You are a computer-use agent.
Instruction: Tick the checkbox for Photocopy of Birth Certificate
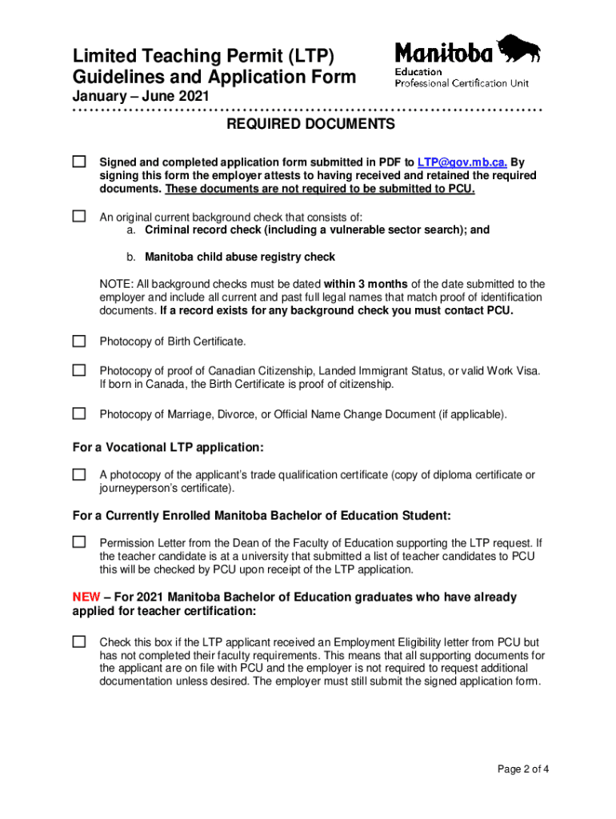pyautogui.click(x=79, y=342)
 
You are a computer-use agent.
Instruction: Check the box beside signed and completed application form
pyautogui.click(x=79, y=162)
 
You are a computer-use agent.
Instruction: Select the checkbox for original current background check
pyautogui.click(x=79, y=216)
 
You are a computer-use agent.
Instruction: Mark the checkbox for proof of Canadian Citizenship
pyautogui.click(x=79, y=370)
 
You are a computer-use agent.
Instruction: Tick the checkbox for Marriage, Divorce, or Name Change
pyautogui.click(x=79, y=413)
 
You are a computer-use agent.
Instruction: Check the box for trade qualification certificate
pyautogui.click(x=79, y=474)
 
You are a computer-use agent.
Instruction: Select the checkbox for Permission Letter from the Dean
pyautogui.click(x=79, y=541)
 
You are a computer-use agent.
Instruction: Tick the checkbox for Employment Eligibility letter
pyautogui.click(x=79, y=641)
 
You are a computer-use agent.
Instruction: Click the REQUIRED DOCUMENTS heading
pyautogui.click(x=310, y=125)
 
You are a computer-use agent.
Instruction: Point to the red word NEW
pyautogui.click(x=86, y=597)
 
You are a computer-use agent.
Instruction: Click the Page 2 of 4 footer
pyautogui.click(x=522, y=770)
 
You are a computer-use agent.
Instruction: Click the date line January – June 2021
pyautogui.click(x=142, y=96)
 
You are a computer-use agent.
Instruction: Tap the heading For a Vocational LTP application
pyautogui.click(x=168, y=447)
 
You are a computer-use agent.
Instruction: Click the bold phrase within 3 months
pyautogui.click(x=366, y=284)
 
